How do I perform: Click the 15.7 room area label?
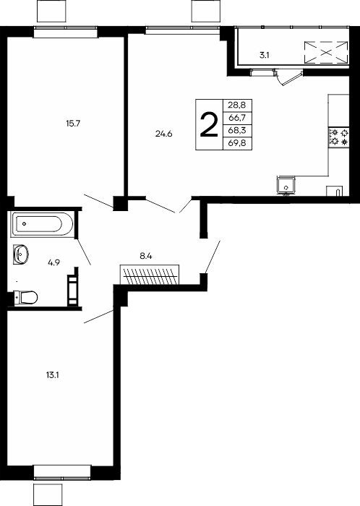73,124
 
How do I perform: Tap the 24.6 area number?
164,134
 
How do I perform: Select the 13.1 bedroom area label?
52,375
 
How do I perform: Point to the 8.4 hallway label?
146,257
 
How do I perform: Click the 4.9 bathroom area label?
54,262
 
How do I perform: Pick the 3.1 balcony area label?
265,55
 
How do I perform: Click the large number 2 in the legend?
209,125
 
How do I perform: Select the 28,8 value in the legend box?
237,105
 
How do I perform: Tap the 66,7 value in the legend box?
237,118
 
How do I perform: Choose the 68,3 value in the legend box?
237,130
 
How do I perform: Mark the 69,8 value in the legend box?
237,143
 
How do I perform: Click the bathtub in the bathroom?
42,223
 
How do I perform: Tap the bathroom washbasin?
21,254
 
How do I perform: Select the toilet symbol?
26,297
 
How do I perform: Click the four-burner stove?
338,137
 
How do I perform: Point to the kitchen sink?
286,186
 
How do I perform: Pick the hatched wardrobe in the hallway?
150,275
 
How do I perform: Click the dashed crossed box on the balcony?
326,52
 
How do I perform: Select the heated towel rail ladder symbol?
72,290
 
